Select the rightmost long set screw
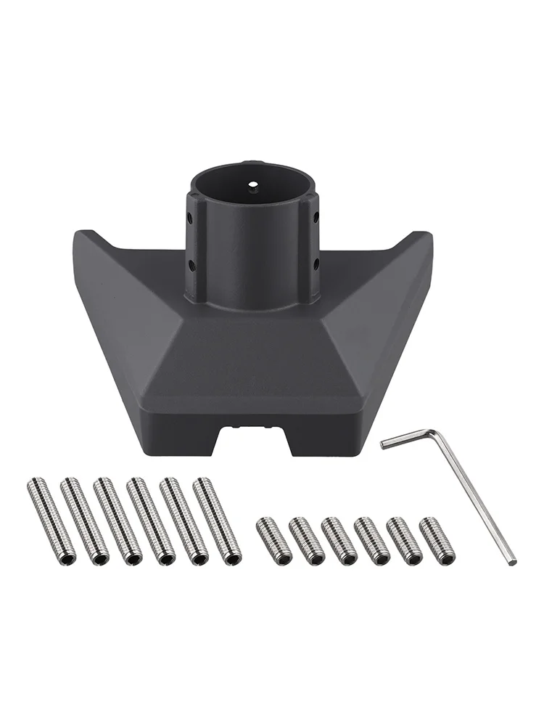(217, 520)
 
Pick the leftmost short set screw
(273, 540)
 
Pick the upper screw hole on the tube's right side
(316, 216)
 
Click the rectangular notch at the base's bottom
(254, 439)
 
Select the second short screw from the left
(306, 540)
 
